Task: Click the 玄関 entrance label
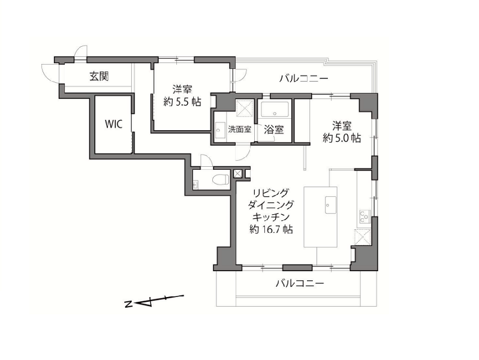(x=99, y=76)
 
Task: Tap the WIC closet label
(x=114, y=124)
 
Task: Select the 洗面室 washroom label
(x=240, y=130)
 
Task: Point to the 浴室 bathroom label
(x=274, y=130)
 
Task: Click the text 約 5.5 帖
(x=182, y=101)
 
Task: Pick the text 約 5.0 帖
(x=342, y=138)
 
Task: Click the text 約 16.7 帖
(x=271, y=229)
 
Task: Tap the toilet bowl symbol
(x=221, y=179)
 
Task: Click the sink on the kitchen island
(x=331, y=205)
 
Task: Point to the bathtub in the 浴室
(x=275, y=109)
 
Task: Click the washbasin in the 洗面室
(x=219, y=131)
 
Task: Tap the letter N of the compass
(x=128, y=304)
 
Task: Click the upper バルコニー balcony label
(x=304, y=79)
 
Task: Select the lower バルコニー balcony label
(x=300, y=284)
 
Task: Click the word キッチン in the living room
(x=271, y=217)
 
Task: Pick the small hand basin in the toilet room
(x=195, y=185)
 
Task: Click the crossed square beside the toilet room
(x=237, y=173)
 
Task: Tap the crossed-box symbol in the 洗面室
(x=245, y=108)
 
